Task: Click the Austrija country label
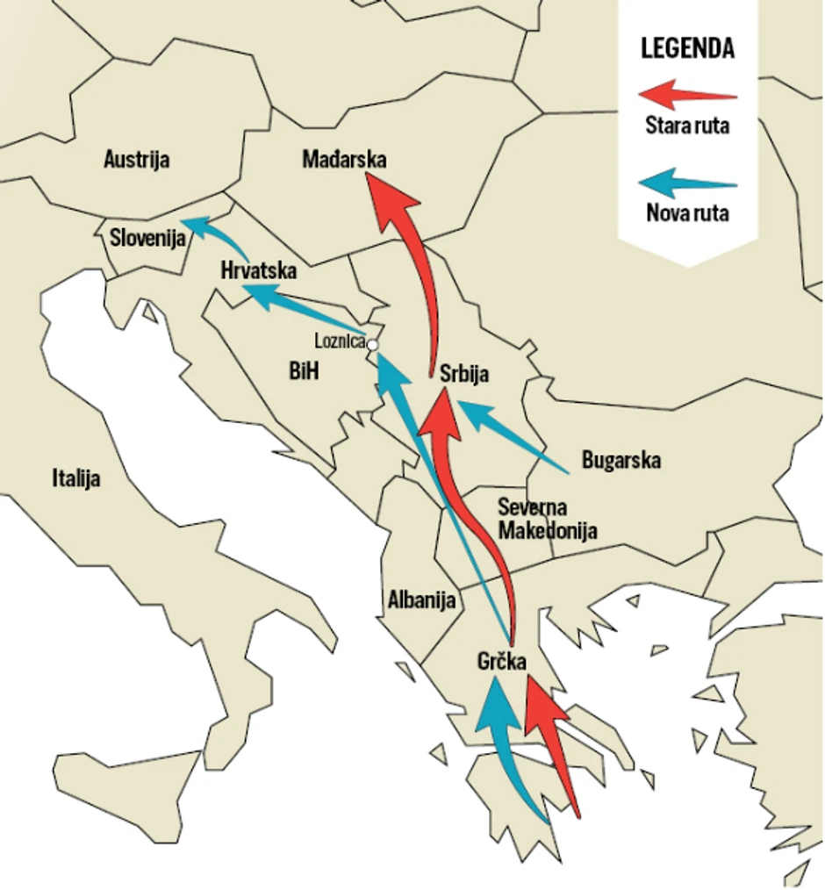[x=137, y=160]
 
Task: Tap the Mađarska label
[x=344, y=160]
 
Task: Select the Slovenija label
[x=148, y=237]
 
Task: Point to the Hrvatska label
[x=259, y=270]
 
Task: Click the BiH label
[x=304, y=372]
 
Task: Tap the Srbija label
[x=464, y=374]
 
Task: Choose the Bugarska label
[x=621, y=460]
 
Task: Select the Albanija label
[x=421, y=600]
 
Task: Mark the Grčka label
[x=502, y=661]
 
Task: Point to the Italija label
[x=76, y=478]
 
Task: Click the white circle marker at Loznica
[x=372, y=345]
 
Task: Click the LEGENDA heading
[x=687, y=48]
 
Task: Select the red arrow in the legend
[x=687, y=94]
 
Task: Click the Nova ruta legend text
[x=687, y=212]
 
